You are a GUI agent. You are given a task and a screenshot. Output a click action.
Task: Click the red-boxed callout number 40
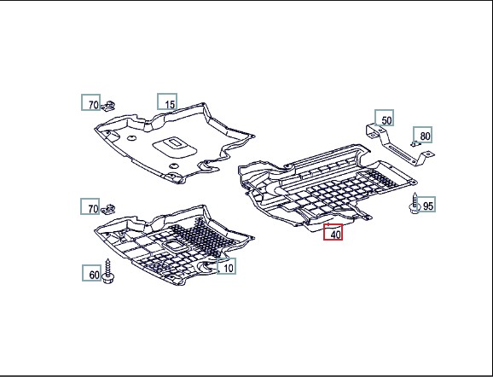click(333, 232)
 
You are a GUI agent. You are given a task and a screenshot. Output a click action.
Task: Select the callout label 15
click(167, 101)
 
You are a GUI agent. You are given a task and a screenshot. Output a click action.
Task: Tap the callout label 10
click(226, 266)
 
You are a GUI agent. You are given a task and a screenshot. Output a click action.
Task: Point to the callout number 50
click(384, 118)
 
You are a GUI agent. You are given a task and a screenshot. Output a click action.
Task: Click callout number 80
click(422, 135)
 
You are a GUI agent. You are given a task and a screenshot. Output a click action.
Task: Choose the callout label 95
click(426, 204)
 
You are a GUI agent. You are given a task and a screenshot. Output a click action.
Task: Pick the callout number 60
click(92, 273)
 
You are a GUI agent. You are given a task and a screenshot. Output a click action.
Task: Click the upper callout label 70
click(91, 102)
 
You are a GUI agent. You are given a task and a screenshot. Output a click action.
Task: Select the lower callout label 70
click(90, 206)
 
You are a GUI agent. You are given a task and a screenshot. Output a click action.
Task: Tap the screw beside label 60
click(108, 272)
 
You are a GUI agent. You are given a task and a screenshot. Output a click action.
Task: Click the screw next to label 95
click(415, 204)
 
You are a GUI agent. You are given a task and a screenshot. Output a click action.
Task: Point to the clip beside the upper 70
click(108, 106)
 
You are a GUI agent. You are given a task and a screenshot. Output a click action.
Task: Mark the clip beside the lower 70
click(107, 209)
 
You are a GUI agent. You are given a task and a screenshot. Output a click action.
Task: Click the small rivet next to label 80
click(415, 144)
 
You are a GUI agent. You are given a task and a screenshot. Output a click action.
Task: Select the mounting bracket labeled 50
click(400, 144)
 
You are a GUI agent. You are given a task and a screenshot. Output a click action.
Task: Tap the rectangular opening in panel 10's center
click(171, 245)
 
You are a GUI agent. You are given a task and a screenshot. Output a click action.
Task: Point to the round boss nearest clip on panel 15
click(130, 137)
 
